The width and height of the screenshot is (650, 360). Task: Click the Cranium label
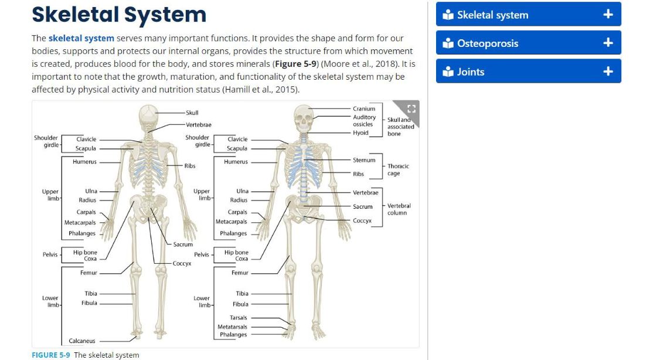pos(364,108)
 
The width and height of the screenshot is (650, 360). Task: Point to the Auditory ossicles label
pos(364,120)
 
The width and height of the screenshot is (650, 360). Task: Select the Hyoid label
pos(360,133)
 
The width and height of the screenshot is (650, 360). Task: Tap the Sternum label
pos(364,160)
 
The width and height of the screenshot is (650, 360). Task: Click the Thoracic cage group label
pos(398,169)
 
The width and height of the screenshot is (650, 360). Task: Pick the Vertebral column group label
pos(399,209)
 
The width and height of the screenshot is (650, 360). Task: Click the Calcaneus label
pos(81,341)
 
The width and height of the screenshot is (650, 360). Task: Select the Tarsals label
pos(238,318)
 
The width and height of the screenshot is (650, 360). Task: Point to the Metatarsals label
pos(232,327)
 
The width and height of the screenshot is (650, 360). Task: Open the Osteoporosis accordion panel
pos(528,43)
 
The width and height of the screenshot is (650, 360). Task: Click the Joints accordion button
pos(528,72)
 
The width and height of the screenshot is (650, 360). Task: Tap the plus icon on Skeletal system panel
pos(608,15)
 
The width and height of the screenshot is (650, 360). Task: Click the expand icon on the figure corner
pos(411,108)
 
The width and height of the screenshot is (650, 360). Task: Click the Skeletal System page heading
pos(119,15)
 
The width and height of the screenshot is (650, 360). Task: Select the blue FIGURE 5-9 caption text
pos(51,355)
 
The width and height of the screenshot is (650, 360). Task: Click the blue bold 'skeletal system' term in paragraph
pos(81,38)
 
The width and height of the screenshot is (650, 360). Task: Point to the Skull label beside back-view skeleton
pos(192,113)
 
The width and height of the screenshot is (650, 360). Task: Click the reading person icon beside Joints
pos(448,72)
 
